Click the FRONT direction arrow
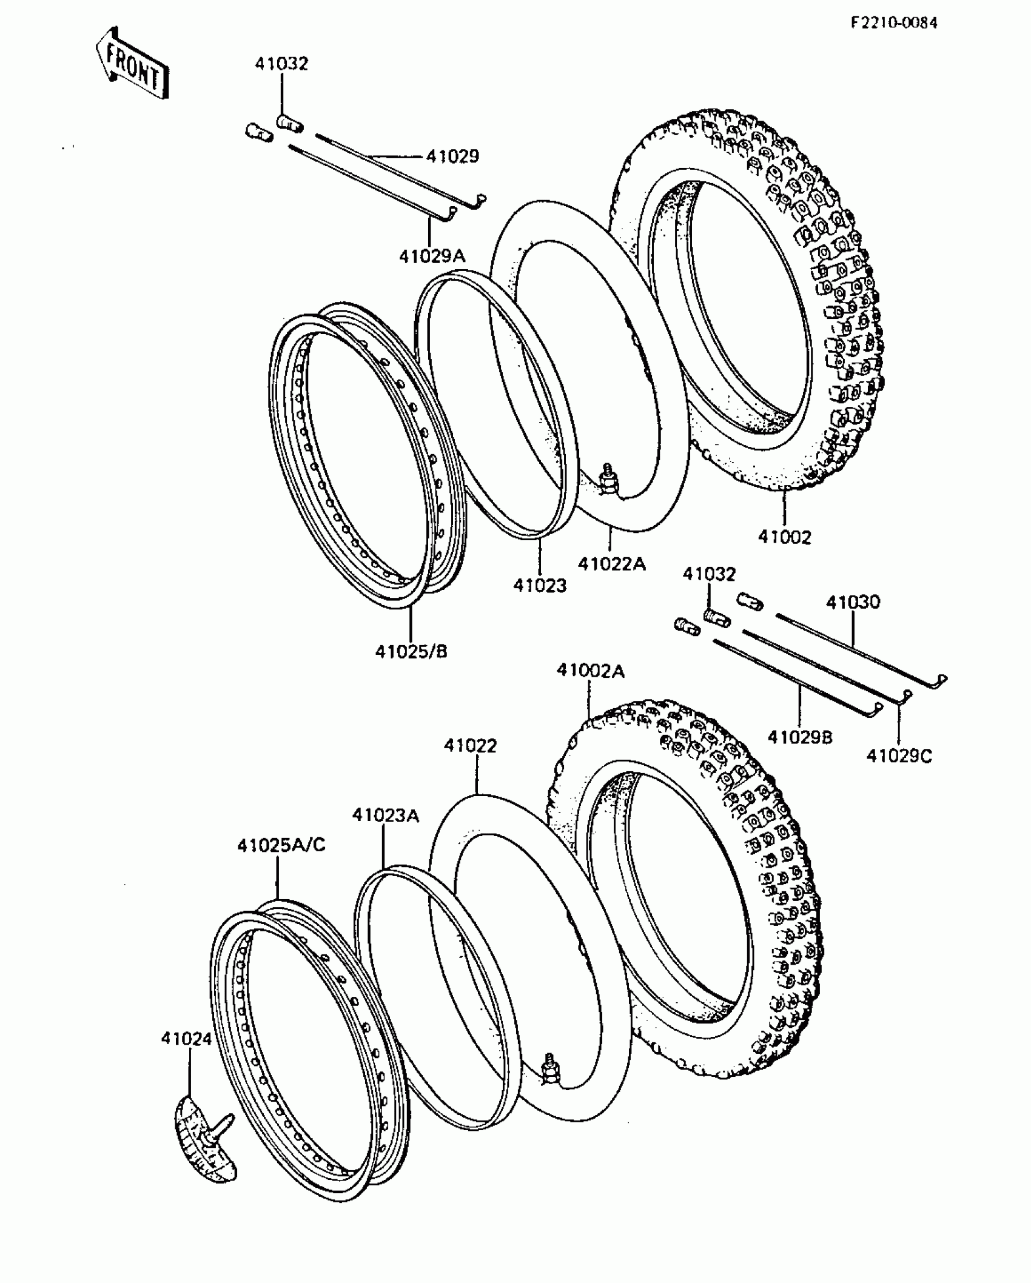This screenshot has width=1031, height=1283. tap(132, 62)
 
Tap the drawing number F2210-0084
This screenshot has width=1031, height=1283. tap(893, 23)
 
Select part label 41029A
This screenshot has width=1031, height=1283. tap(432, 256)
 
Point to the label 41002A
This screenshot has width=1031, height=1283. tap(590, 671)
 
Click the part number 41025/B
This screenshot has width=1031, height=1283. tap(411, 652)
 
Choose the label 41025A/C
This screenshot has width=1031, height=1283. tap(281, 845)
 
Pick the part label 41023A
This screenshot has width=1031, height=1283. tap(385, 815)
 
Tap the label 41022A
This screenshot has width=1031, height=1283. tap(611, 564)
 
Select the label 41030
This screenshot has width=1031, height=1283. tap(853, 602)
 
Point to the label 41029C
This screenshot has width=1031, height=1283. tap(899, 756)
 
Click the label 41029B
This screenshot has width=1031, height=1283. tap(800, 737)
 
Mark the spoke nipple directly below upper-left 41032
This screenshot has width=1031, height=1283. tap(290, 123)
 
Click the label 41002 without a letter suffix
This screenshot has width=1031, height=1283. tap(784, 537)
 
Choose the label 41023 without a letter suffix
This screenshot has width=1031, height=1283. tap(539, 585)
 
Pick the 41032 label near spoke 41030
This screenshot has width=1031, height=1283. tap(709, 574)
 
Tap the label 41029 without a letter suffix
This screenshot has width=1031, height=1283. tap(452, 156)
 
